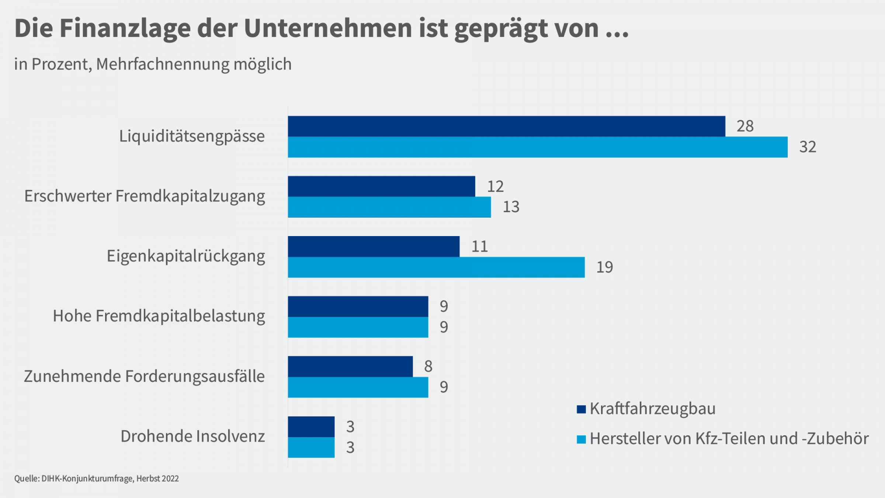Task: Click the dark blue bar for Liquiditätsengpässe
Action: click(x=506, y=127)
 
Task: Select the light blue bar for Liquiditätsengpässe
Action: click(x=538, y=147)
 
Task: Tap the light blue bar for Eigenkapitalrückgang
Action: click(x=436, y=267)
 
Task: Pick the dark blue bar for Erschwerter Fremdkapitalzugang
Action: click(x=381, y=186)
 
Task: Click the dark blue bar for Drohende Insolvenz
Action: click(x=311, y=427)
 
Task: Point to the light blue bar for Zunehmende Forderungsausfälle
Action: click(x=358, y=387)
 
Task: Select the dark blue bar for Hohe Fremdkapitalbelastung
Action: click(x=358, y=307)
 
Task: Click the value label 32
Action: click(x=808, y=147)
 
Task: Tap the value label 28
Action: click(x=745, y=126)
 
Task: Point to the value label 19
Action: click(x=604, y=267)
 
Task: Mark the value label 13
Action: click(x=511, y=207)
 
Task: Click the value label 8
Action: click(x=428, y=366)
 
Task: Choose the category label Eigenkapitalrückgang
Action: click(x=186, y=256)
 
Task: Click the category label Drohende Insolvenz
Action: click(x=192, y=436)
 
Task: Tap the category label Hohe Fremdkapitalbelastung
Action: click(x=159, y=316)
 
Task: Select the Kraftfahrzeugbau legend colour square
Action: click(x=581, y=409)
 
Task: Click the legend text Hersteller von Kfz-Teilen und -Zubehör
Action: click(x=729, y=439)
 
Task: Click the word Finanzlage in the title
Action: click(x=125, y=28)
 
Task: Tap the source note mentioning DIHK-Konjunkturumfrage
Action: click(x=97, y=478)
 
